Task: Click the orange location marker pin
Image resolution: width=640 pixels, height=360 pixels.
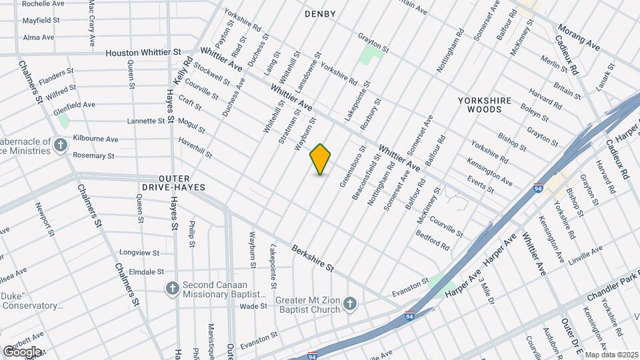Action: (x=321, y=159)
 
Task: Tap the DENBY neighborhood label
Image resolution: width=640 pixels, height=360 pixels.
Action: (x=320, y=14)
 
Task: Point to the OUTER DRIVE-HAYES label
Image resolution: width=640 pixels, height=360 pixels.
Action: (x=182, y=183)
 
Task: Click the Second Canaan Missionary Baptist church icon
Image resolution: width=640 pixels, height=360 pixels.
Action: (x=172, y=289)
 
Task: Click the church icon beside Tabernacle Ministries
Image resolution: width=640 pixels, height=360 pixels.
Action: (x=61, y=145)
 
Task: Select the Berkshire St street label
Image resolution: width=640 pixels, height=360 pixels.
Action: (x=312, y=257)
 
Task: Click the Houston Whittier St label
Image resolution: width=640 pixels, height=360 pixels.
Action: (x=143, y=52)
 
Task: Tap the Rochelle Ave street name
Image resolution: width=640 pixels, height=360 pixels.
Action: (x=43, y=4)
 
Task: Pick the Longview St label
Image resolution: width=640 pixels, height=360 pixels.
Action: (x=139, y=253)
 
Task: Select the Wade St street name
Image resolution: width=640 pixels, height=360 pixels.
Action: (x=253, y=307)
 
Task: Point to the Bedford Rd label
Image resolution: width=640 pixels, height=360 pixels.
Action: (x=433, y=240)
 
